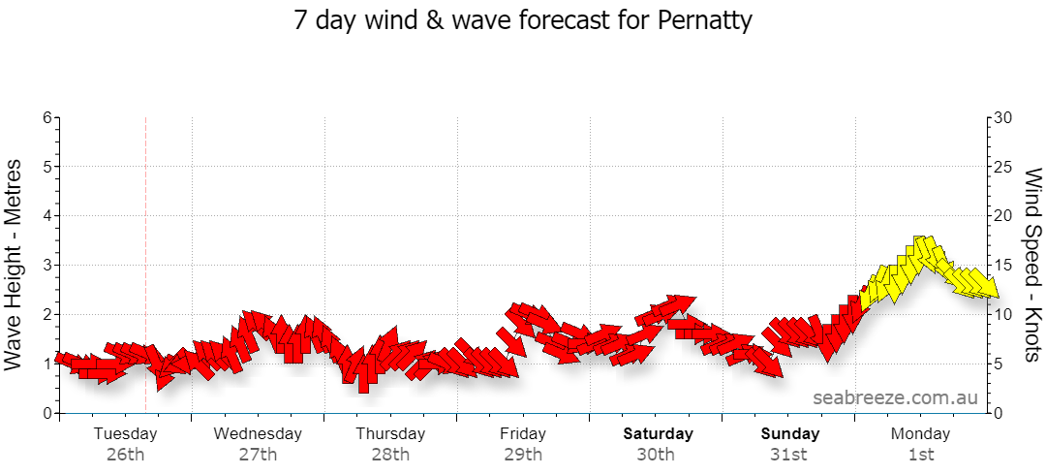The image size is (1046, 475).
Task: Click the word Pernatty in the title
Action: coord(705,20)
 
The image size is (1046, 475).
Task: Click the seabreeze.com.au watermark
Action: coord(895,397)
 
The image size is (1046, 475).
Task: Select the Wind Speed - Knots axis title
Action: coord(1032,266)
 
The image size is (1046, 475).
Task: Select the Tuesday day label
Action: coord(125,433)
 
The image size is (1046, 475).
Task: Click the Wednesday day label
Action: coord(258,433)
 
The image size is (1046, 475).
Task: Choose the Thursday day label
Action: coord(390,433)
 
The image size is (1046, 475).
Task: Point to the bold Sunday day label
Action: coord(790,433)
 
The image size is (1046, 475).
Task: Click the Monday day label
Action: coord(921,433)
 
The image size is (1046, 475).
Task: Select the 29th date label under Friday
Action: coord(523,456)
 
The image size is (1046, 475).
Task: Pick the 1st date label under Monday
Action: coord(921,456)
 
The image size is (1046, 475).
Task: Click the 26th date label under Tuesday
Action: coord(125,456)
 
